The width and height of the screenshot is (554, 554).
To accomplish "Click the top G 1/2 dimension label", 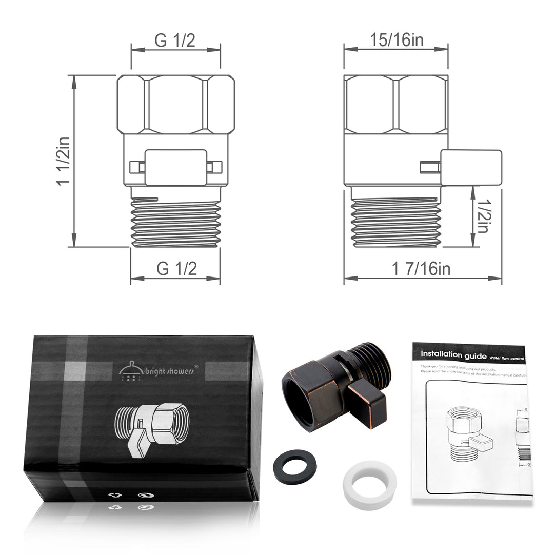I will pos(175,41).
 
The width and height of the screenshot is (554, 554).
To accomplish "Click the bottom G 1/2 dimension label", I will pos(176,268).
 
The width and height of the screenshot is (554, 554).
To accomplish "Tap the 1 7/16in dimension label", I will pos(421,268).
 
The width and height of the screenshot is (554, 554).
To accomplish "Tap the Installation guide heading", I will pos(451,354).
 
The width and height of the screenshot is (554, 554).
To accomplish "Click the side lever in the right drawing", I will pos(470,167).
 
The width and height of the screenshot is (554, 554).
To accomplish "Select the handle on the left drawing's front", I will pos(176,167).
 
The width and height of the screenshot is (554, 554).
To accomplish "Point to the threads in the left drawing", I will pos(175,222).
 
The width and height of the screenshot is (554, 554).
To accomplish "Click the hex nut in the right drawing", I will pos(395,105).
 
